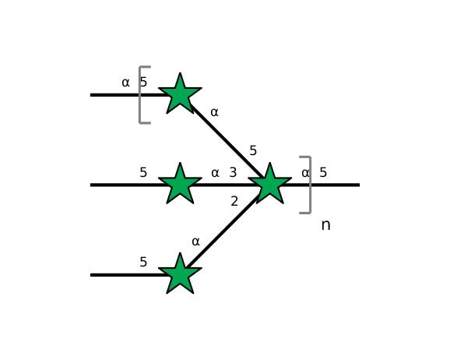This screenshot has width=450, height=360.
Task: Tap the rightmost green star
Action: pyautogui.click(x=270, y=184)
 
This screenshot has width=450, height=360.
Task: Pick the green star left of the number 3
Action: pyautogui.click(x=180, y=184)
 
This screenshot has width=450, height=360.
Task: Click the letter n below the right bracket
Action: pyautogui.click(x=325, y=225)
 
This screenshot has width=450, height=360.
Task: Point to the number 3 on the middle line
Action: pyautogui.click(x=233, y=172)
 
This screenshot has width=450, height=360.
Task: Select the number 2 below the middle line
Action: pyautogui.click(x=234, y=201)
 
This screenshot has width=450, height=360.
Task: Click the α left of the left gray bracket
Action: pyautogui.click(x=125, y=83)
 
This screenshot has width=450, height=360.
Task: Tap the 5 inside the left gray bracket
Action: pyautogui.click(x=143, y=82)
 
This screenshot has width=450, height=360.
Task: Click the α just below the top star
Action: pyautogui.click(x=214, y=112)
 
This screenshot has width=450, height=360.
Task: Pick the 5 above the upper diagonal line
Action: pyautogui.click(x=253, y=150)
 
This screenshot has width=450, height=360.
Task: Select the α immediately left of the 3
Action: pyautogui.click(x=215, y=173)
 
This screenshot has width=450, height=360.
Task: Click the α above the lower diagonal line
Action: pyautogui.click(x=195, y=242)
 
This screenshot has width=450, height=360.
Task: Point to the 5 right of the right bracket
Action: pyautogui.click(x=323, y=172)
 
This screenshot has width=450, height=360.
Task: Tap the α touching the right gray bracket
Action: pyautogui.click(x=306, y=173)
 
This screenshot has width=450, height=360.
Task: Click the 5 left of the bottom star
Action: pyautogui.click(x=143, y=262)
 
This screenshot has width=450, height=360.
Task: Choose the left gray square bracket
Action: pyautogui.click(x=140, y=95)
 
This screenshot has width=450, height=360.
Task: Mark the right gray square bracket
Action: pyautogui.click(x=310, y=185)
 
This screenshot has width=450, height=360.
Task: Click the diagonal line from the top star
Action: pyautogui.click(x=227, y=141)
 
